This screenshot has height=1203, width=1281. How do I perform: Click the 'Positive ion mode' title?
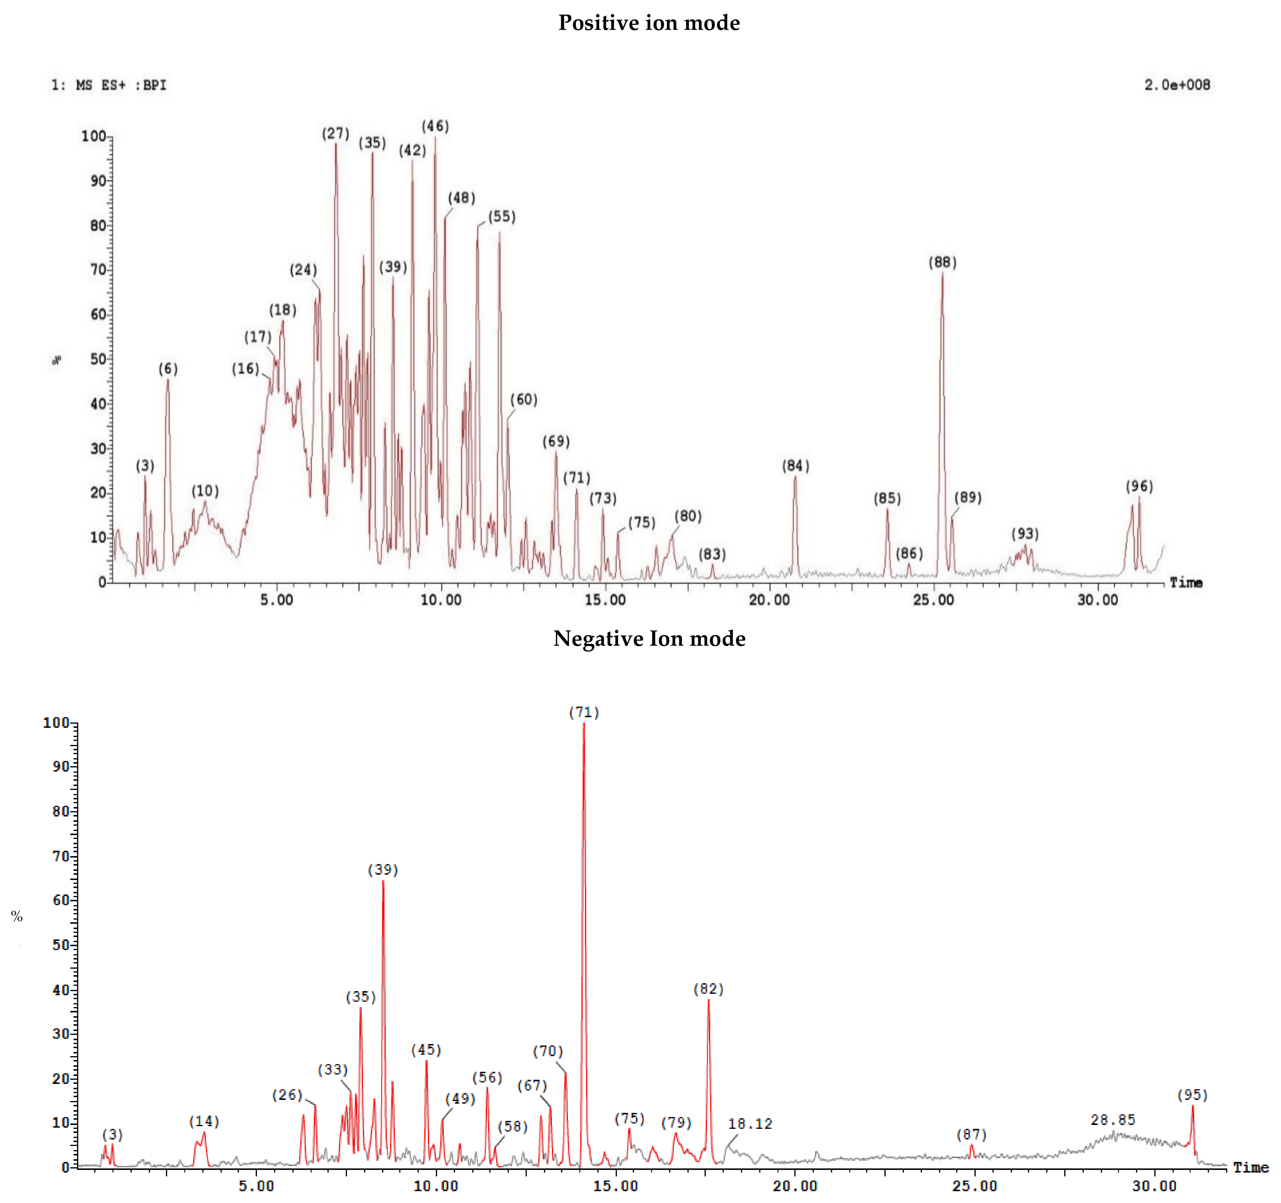coord(649,23)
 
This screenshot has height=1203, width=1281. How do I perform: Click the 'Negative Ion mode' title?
coord(649,639)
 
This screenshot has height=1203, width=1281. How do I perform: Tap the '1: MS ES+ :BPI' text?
coord(109,85)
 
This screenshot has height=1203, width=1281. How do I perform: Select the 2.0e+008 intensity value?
coord(1177,85)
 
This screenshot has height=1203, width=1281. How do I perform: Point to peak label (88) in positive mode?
coord(942,262)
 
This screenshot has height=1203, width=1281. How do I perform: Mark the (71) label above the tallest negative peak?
coord(584,712)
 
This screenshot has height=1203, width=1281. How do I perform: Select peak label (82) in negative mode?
coord(708,989)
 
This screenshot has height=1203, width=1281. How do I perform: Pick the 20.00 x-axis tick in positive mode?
coord(769,600)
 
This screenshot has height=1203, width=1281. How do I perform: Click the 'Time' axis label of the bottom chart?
coord(1250,1168)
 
